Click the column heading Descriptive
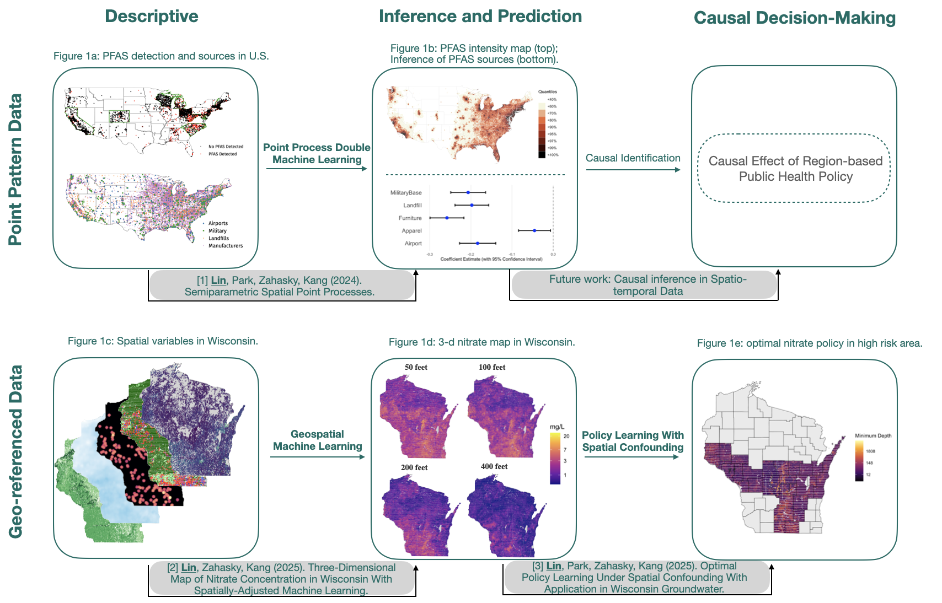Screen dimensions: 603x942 [152, 17]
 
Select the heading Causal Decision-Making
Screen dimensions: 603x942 [794, 18]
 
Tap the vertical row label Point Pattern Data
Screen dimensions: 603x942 [16, 169]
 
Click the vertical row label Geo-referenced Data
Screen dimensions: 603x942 [16, 451]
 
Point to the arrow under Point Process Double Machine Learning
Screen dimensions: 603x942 [317, 169]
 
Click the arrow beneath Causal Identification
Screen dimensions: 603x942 [633, 170]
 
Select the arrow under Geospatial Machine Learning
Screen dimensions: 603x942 [317, 456]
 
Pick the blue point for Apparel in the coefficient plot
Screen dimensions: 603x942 [534, 230]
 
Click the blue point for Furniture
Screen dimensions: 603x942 [447, 218]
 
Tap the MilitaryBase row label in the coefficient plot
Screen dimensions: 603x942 [406, 193]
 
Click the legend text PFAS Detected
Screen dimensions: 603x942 [222, 154]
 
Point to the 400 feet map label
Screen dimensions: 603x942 [494, 466]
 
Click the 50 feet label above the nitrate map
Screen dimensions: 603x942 [416, 367]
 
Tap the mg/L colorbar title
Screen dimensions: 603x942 [557, 427]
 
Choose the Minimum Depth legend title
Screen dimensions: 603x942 [873, 436]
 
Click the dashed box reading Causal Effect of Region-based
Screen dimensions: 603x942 [794, 169]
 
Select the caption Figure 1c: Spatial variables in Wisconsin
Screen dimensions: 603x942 [163, 341]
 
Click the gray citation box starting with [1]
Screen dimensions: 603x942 [281, 286]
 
